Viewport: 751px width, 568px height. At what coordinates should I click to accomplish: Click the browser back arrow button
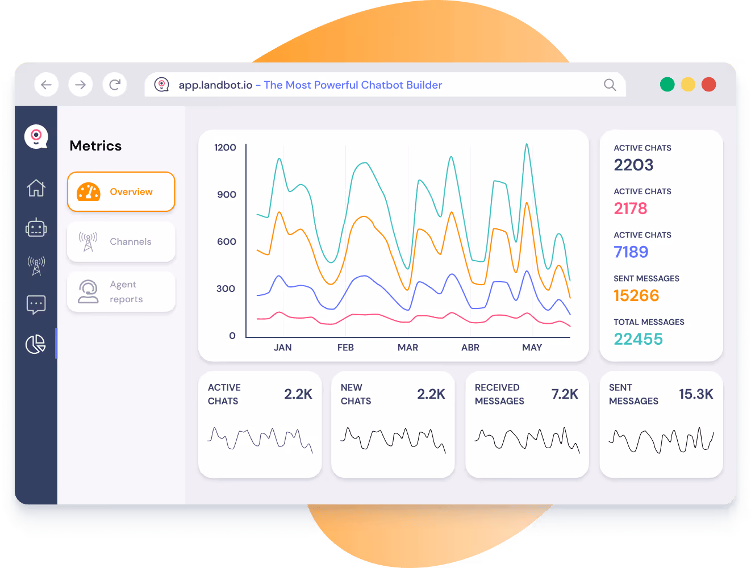point(47,85)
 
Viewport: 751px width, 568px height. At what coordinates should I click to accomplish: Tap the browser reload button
point(115,85)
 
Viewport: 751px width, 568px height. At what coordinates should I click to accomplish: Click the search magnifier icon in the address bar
point(610,85)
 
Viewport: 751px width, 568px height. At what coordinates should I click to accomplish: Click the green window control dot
point(667,85)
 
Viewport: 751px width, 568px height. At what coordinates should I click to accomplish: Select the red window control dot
point(708,85)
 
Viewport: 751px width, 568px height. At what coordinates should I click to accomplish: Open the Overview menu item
point(121,192)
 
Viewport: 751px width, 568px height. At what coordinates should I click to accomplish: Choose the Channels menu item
point(121,241)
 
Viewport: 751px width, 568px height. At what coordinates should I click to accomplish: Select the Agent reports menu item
point(121,291)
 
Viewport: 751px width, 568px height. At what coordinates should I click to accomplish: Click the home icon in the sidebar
point(36,187)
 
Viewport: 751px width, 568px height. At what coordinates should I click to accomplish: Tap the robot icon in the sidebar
point(36,227)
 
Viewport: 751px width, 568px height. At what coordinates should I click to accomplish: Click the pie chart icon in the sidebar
point(36,344)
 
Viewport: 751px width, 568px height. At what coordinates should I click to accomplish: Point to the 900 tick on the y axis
point(226,194)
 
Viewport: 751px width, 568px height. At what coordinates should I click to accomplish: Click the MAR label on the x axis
point(407,348)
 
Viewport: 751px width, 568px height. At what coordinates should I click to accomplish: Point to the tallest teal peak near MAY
point(527,145)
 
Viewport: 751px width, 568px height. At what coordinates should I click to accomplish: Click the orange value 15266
point(636,295)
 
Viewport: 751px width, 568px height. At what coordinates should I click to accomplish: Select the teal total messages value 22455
point(638,339)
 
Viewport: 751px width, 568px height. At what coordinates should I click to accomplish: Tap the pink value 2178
point(630,208)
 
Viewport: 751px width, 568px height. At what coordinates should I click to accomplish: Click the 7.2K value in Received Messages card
point(564,394)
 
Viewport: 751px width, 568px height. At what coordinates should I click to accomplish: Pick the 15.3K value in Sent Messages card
point(695,394)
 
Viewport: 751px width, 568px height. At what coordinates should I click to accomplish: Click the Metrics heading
point(95,146)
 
